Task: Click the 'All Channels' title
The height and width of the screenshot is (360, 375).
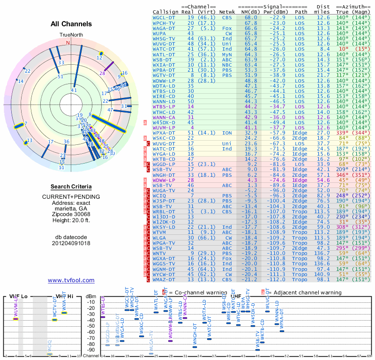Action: [x=71, y=24]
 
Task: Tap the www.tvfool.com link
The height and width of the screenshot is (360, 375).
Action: [x=71, y=280]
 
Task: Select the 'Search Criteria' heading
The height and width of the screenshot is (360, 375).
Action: [x=71, y=187]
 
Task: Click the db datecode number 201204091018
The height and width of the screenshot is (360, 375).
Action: [x=71, y=243]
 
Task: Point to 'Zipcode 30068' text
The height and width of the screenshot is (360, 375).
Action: [x=71, y=214]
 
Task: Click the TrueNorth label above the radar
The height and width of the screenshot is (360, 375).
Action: [x=71, y=35]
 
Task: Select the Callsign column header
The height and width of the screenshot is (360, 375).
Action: [x=165, y=11]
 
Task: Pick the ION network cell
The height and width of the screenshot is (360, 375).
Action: [x=227, y=133]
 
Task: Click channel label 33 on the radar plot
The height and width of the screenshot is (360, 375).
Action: [x=61, y=62]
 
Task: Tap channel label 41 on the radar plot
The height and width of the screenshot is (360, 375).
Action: [x=74, y=90]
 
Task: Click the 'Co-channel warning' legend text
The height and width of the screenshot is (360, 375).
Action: [x=194, y=292]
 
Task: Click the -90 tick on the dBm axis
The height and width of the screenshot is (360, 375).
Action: [x=91, y=350]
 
